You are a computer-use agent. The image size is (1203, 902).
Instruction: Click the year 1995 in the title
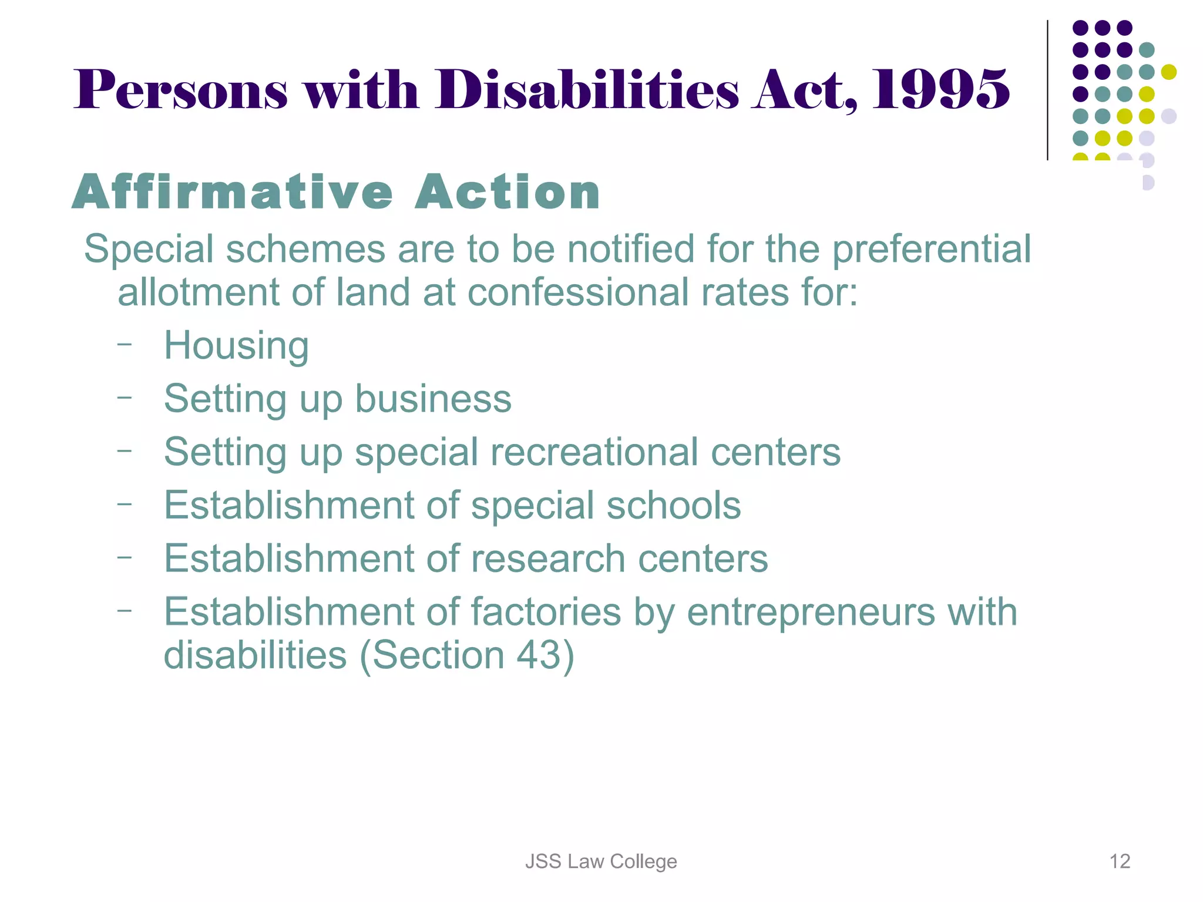click(940, 90)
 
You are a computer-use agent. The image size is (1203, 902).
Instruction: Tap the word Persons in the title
click(181, 90)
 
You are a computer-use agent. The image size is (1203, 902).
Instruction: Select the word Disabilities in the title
click(586, 90)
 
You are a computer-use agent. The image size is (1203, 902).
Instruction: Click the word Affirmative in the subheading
click(233, 192)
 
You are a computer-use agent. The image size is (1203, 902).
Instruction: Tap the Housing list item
click(236, 345)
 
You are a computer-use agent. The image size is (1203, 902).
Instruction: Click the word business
click(433, 399)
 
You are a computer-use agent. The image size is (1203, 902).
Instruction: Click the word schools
click(673, 505)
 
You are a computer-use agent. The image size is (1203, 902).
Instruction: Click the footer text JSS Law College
click(601, 861)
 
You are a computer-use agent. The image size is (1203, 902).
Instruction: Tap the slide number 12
click(1120, 861)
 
